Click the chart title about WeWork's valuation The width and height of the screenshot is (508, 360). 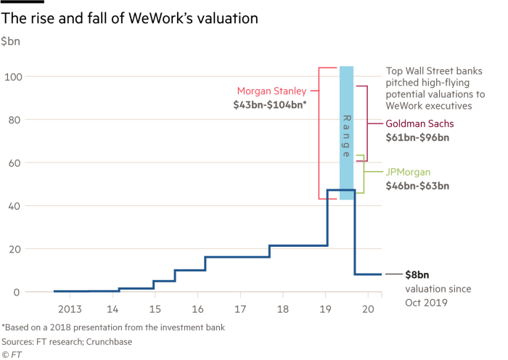click(130, 19)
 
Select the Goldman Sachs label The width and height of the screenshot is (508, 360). click(419, 123)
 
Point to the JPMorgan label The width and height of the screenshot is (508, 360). click(408, 172)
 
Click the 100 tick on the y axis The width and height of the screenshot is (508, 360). click(11, 76)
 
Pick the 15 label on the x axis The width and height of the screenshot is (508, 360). click(155, 308)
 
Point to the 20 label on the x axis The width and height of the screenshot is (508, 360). click(369, 308)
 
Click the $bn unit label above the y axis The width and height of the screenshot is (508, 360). click(10, 42)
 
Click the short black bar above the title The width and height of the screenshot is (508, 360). click(17, 2)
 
